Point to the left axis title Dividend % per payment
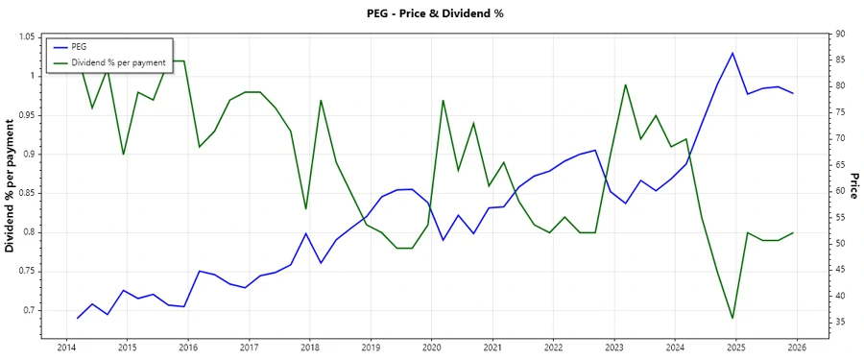coord(11,185)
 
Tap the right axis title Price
coord(852,185)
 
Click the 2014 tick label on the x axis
coord(66,347)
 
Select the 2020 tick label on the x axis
coord(432,347)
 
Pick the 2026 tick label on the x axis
coord(797,347)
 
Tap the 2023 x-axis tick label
coord(614,347)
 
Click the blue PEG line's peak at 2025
coord(733,53)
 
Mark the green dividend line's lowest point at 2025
coord(733,318)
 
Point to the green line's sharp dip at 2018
coord(305,208)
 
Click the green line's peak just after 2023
coord(626,84)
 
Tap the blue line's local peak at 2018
coord(305,233)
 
